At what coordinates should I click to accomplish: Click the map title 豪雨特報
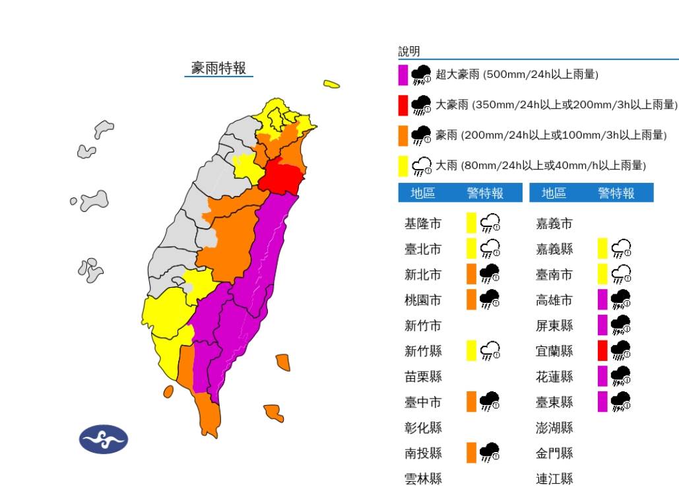[218, 68]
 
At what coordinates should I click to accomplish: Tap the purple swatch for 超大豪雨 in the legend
[403, 75]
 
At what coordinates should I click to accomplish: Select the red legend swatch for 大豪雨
[403, 105]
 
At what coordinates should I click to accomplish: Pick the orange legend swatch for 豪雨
[403, 135]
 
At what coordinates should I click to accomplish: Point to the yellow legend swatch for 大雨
[403, 166]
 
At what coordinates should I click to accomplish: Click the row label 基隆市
[422, 224]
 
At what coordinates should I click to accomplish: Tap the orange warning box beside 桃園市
[471, 300]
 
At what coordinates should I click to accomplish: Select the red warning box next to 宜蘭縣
[602, 350]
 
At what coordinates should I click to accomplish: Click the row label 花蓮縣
[554, 376]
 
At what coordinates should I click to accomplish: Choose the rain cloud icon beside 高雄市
[621, 300]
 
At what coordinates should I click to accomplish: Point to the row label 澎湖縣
[554, 427]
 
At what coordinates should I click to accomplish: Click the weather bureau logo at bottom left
[104, 439]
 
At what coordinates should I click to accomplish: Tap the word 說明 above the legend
[409, 51]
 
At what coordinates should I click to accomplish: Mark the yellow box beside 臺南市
[602, 274]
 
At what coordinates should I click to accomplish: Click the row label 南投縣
[422, 453]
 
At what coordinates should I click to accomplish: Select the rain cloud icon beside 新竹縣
[490, 351]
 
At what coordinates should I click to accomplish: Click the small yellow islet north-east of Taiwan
[331, 84]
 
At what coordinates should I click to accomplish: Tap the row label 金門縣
[554, 453]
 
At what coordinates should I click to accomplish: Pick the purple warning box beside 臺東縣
[602, 401]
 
